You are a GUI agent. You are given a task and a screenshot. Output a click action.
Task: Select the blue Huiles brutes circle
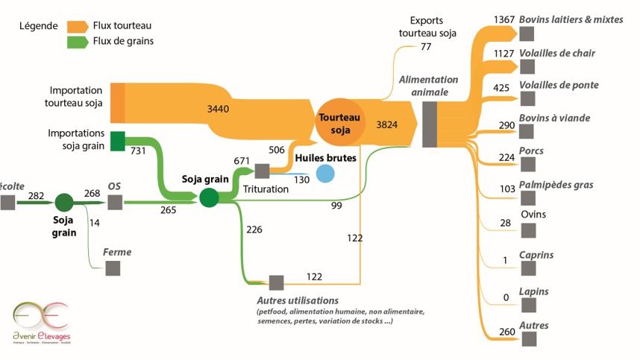coord(324,174)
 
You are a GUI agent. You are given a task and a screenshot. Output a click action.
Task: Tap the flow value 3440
coord(219,109)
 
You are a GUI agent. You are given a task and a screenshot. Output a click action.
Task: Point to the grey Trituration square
coord(262,171)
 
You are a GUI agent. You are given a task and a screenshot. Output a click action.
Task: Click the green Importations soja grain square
coord(118,141)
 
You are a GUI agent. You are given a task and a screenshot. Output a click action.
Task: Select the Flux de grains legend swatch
coord(78,42)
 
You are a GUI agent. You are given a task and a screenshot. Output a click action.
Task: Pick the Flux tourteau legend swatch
coord(78,26)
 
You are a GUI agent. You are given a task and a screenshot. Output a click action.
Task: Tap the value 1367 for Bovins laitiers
coord(504,19)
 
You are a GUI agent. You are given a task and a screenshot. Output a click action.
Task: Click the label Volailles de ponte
coord(559,85)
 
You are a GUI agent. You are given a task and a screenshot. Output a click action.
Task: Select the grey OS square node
coord(114,203)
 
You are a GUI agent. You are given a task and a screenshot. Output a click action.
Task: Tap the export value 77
coord(426,46)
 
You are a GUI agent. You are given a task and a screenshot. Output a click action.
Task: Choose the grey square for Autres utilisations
coord(276,282)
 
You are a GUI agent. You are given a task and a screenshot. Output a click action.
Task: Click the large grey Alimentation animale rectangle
coord(430,124)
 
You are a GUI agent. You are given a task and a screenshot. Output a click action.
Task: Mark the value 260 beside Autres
coord(505,332)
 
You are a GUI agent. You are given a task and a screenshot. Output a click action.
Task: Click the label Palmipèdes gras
coord(556,184)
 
